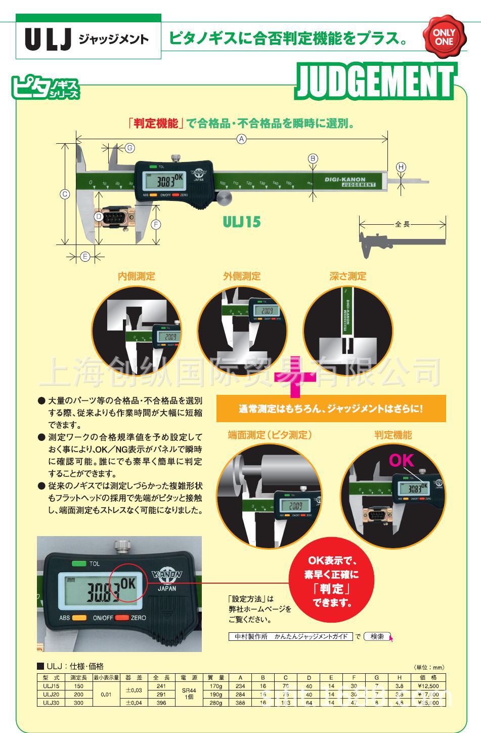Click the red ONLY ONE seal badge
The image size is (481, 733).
(x=444, y=36)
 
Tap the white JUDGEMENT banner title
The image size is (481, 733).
(x=375, y=82)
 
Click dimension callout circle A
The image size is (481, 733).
(x=242, y=138)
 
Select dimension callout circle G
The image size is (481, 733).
(x=129, y=148)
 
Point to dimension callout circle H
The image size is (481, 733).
(x=401, y=167)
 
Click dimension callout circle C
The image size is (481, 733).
(x=65, y=194)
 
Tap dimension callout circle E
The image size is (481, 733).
(x=85, y=257)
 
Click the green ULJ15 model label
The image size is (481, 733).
(x=242, y=222)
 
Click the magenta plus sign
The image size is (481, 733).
(x=295, y=377)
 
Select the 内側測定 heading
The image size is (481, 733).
(x=136, y=276)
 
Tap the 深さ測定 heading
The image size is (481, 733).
(x=347, y=276)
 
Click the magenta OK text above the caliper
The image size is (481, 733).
(x=401, y=460)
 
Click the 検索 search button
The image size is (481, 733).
(x=377, y=636)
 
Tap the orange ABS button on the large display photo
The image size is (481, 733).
(x=79, y=618)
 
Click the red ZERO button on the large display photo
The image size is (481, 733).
(x=121, y=618)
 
